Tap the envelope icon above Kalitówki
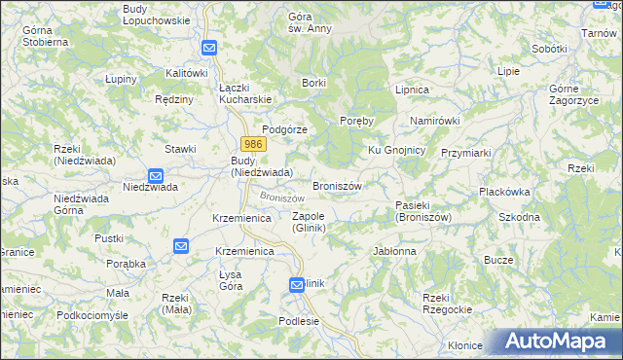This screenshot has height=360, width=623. pos(209,48)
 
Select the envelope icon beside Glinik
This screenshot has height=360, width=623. pos(298,284)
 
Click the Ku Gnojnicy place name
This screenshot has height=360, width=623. pos(396,150)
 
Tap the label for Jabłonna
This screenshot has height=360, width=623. pos(394,251)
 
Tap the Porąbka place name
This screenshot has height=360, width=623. pos(126,264)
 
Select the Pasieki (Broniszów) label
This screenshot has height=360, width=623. pos(423,211)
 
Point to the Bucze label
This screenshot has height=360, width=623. pos(498,261)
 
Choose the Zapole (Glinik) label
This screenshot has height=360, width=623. pos(308,222)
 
